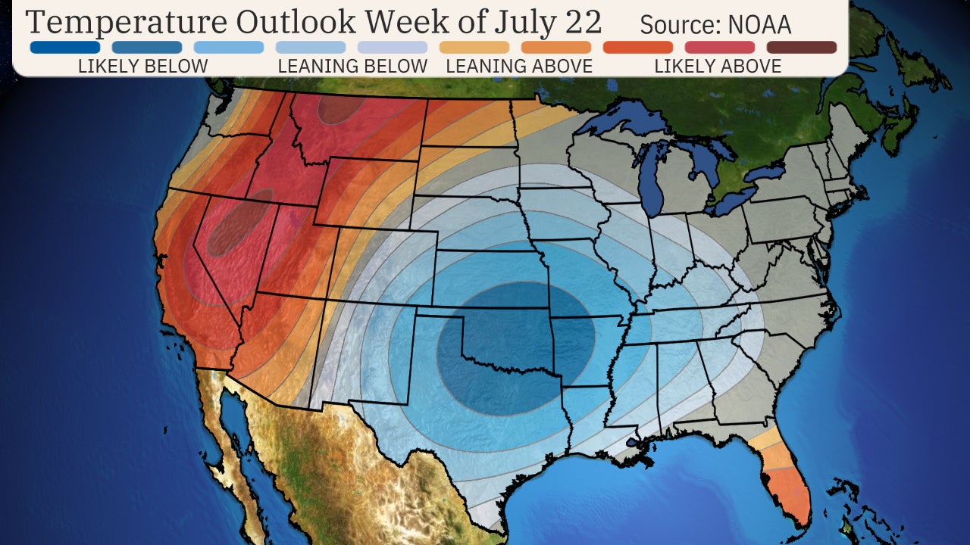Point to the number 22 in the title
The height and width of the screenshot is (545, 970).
click(581, 23)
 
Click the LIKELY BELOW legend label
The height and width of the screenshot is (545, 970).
click(142, 67)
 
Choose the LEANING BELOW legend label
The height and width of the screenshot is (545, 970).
click(352, 67)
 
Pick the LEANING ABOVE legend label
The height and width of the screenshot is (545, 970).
click(519, 67)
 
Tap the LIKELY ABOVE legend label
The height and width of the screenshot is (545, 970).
click(718, 67)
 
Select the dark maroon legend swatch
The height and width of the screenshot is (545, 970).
click(801, 48)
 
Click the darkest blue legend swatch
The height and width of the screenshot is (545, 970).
click(65, 48)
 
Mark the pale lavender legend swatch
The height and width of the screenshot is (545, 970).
click(393, 48)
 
